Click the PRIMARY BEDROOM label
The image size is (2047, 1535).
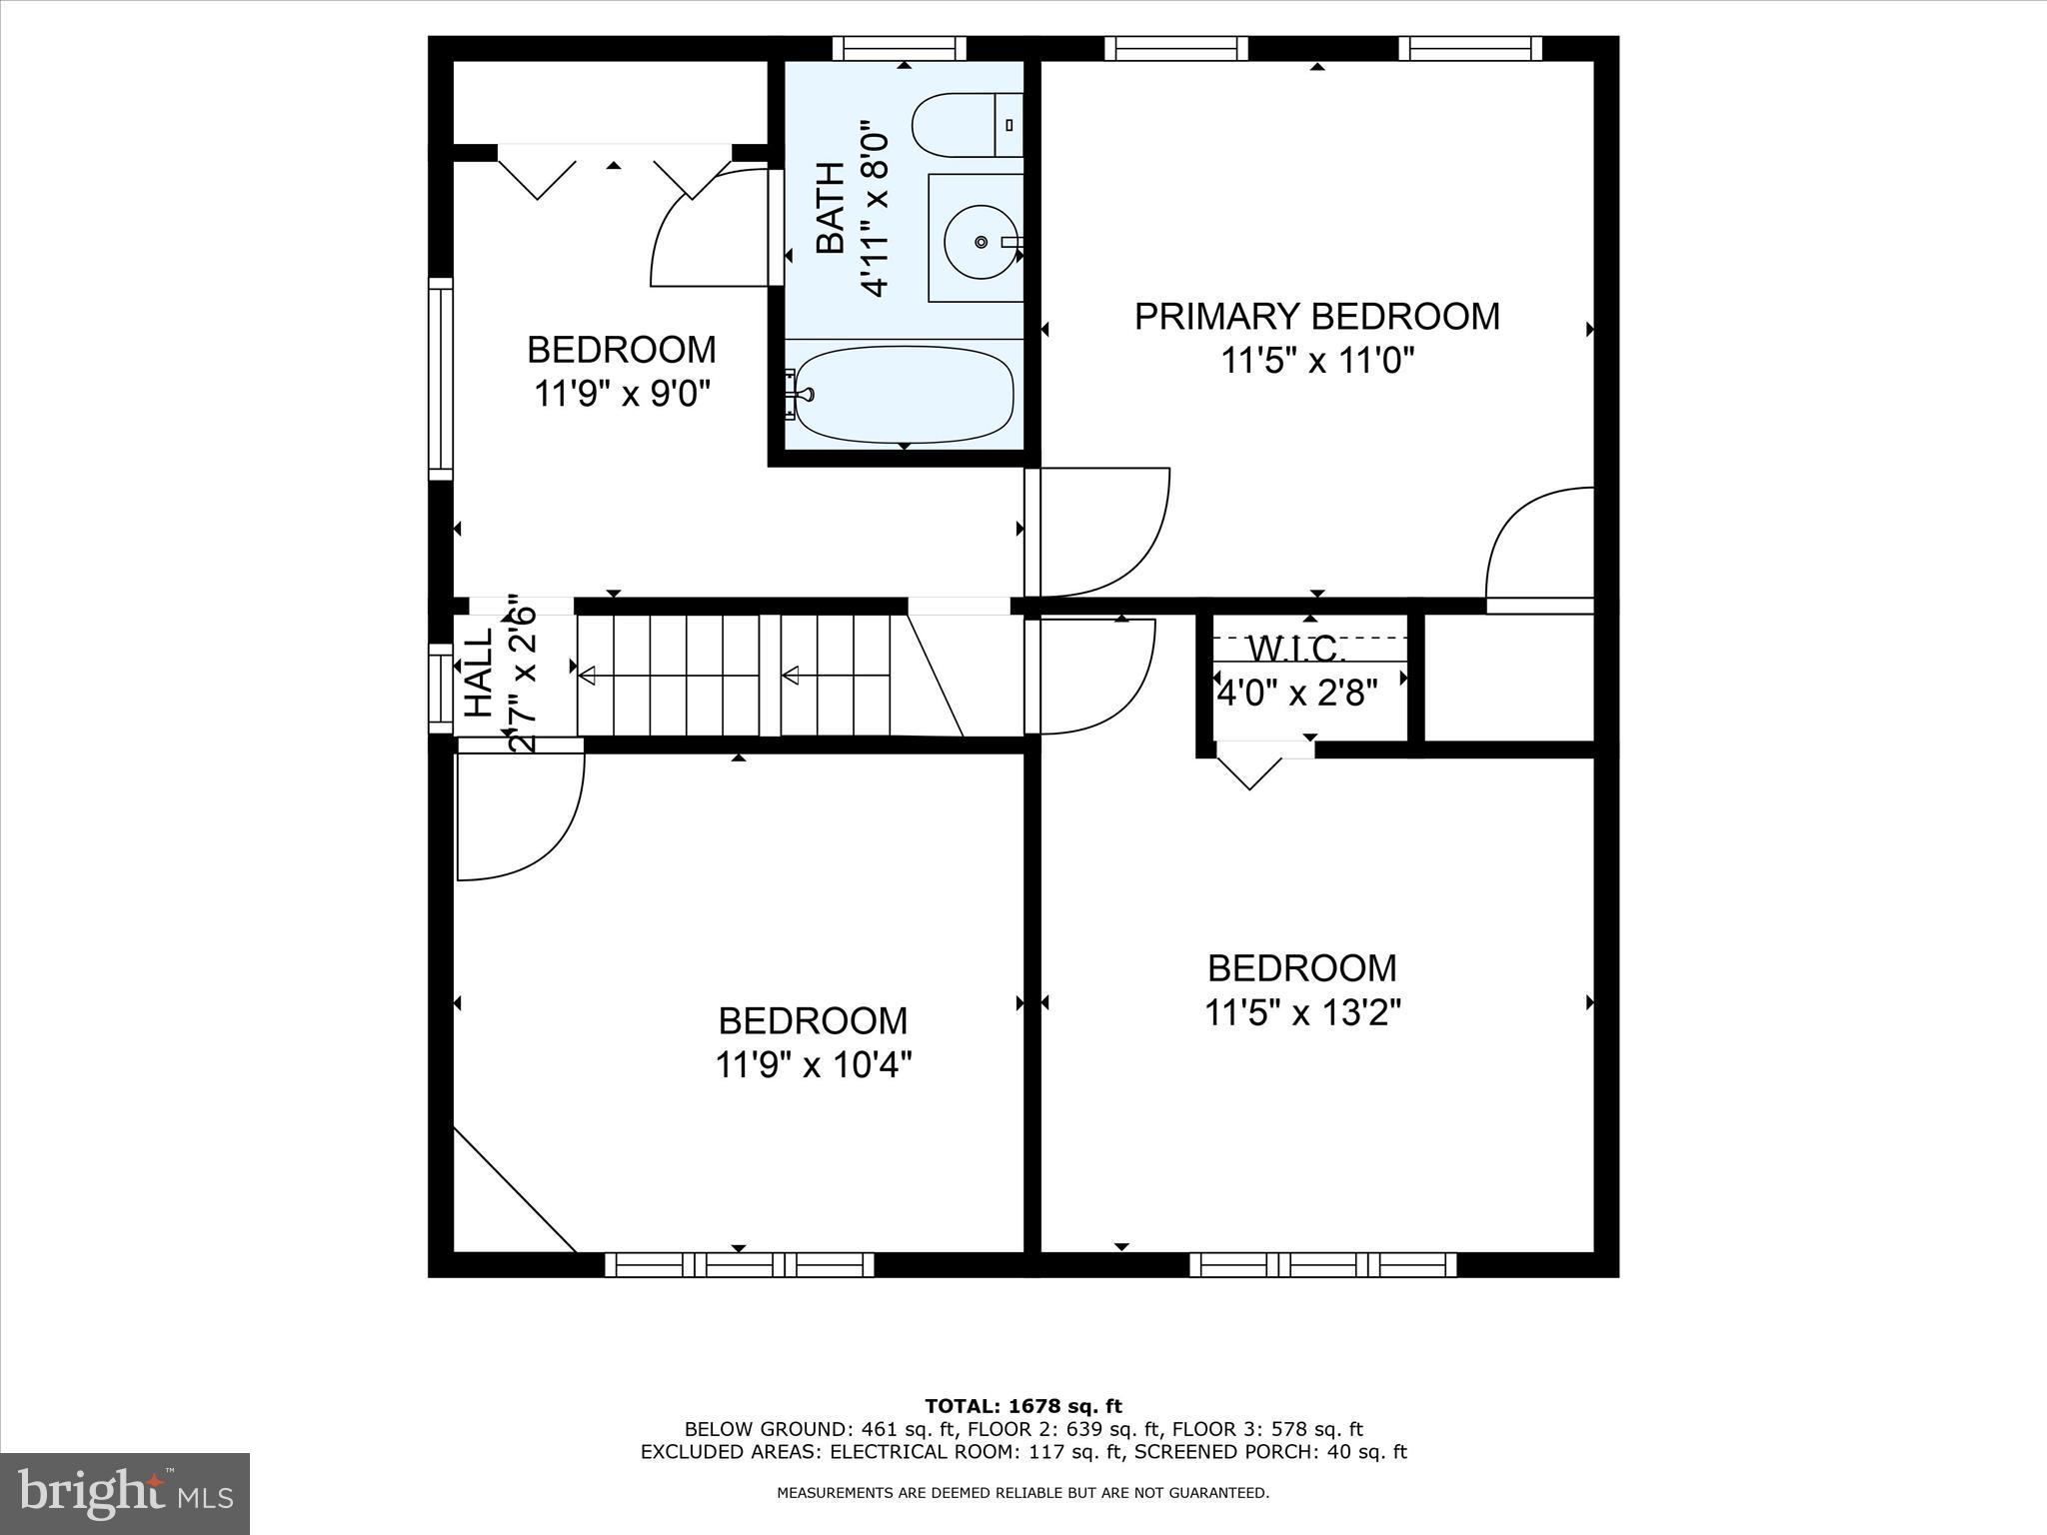tap(1316, 317)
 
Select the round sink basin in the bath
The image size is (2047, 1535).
tap(981, 241)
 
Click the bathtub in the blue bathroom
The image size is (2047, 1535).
tap(905, 394)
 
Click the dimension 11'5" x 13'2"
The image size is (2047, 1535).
tap(1302, 1013)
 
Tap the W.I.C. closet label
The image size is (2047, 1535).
tap(1297, 651)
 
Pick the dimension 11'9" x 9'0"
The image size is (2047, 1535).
tap(622, 394)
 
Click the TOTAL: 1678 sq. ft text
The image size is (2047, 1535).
tap(1023, 1406)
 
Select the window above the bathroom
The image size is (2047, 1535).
tap(900, 48)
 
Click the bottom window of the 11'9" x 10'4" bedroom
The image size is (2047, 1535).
tap(740, 1264)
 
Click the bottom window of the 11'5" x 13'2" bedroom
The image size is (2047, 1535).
tap(1322, 1264)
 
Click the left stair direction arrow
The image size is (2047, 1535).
tap(588, 677)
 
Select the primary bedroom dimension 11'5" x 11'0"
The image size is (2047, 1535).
tap(1316, 360)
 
